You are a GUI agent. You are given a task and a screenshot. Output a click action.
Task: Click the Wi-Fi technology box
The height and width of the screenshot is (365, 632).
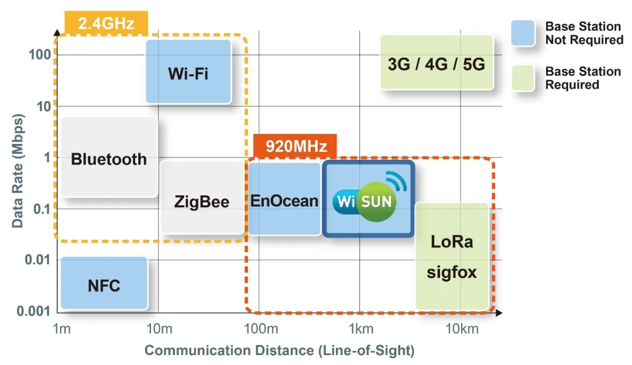click(x=188, y=73)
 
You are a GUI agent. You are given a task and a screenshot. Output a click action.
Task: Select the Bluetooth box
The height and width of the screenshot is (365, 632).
click(x=109, y=158)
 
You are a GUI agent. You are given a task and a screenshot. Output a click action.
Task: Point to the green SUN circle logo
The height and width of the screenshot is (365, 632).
click(x=377, y=202)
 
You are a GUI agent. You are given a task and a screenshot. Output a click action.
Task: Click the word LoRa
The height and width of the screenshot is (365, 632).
click(x=451, y=241)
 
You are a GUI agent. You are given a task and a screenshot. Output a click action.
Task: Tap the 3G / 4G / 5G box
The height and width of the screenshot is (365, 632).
click(x=437, y=63)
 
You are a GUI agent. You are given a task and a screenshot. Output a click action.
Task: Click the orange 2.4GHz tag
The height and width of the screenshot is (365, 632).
click(x=106, y=23)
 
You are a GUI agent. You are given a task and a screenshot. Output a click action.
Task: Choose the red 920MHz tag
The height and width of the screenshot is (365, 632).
click(x=296, y=146)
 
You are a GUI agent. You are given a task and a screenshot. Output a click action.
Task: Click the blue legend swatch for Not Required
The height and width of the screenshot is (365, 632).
click(x=523, y=33)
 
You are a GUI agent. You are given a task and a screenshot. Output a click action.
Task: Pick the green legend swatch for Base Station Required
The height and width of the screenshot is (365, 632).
click(x=523, y=78)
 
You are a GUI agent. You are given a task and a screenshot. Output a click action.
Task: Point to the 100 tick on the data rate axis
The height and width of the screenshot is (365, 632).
click(x=42, y=56)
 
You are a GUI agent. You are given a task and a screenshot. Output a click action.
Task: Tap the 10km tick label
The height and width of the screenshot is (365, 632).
click(x=462, y=329)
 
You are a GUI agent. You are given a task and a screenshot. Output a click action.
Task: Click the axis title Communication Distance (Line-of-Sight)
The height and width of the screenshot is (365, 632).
click(x=279, y=350)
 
